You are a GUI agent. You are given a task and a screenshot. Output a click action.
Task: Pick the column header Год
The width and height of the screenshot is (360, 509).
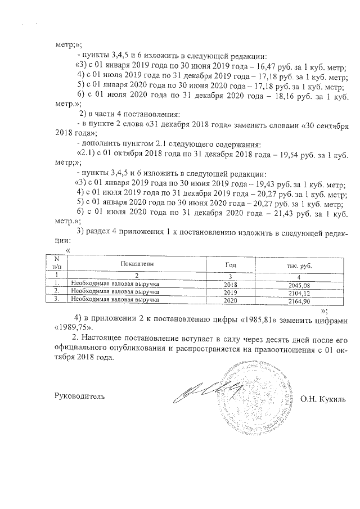[x=231, y=264]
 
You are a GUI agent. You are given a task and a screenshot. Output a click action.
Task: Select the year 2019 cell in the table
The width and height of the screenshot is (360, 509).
[x=231, y=293]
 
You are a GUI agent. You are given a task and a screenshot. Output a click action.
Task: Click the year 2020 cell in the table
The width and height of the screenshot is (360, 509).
[x=231, y=301]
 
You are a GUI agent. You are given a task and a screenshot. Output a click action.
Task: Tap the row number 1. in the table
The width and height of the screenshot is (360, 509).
[x=56, y=285]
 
